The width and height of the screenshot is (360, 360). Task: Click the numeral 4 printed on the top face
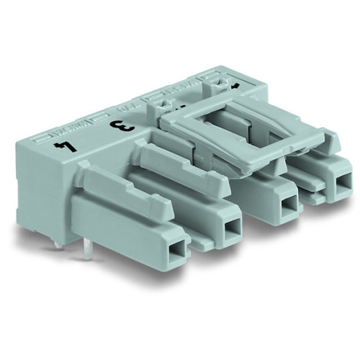(66, 146)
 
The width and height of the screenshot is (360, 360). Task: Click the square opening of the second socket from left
(232, 230)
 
